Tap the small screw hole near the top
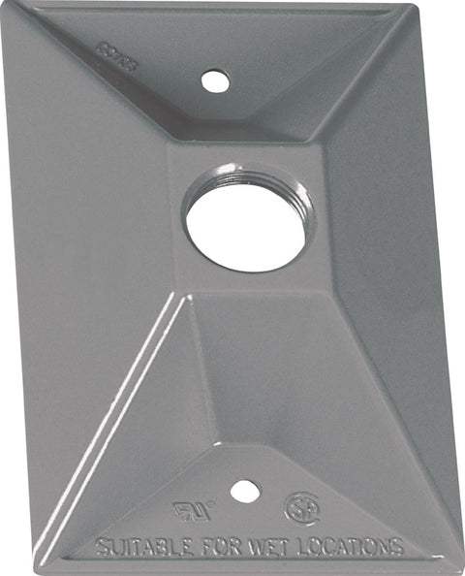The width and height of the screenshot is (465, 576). click(x=215, y=81)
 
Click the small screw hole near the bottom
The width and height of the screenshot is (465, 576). click(x=245, y=492)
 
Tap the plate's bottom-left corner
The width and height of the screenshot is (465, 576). click(x=44, y=570)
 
